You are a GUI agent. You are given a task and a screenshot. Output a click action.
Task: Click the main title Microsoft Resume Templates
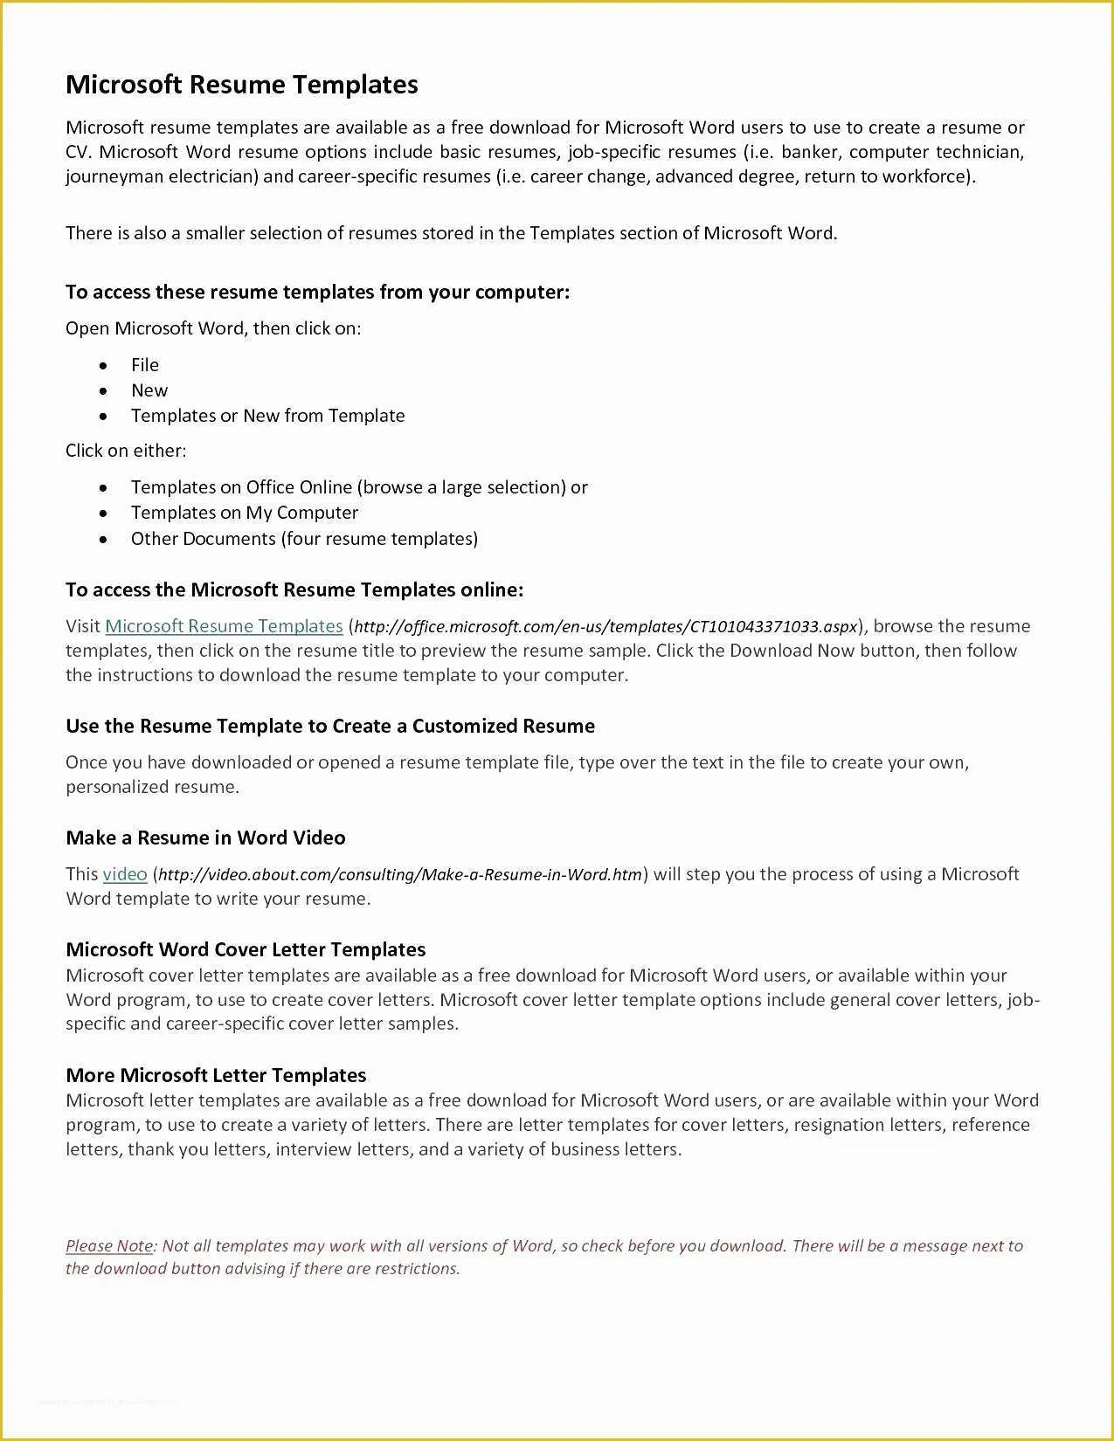coord(242,85)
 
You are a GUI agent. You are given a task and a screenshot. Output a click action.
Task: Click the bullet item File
coord(145,365)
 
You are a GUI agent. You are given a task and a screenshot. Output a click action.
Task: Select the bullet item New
coord(149,390)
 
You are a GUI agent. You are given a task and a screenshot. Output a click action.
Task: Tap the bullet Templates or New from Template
coord(267,416)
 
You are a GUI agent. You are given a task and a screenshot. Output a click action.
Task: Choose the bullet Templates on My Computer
coord(245,513)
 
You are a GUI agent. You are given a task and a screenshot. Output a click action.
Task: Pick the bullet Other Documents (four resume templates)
coord(304,539)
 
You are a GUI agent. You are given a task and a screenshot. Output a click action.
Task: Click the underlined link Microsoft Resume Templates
coord(224,626)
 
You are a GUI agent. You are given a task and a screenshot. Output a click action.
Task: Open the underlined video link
coord(125,874)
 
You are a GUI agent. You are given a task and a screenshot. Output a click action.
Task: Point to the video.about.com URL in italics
coord(400,875)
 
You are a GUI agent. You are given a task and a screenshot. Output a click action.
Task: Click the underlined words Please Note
coord(109,1246)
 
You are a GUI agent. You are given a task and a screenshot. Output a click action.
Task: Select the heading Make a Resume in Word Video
coord(205,838)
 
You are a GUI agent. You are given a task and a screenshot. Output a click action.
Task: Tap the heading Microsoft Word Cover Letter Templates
coord(246,950)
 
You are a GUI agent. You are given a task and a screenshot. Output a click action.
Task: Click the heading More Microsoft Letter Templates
coord(216,1076)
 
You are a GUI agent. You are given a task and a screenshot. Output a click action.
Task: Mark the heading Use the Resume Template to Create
coord(330,727)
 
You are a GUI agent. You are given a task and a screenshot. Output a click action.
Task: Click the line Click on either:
coord(126,451)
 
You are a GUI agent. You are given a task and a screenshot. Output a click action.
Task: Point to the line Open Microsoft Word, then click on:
coord(213,328)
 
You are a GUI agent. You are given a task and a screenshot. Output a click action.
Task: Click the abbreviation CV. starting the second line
coord(78,152)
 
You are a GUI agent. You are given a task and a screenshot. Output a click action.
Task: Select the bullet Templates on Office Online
coord(358,487)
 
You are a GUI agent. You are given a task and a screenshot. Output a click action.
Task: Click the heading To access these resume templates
coord(317,292)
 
